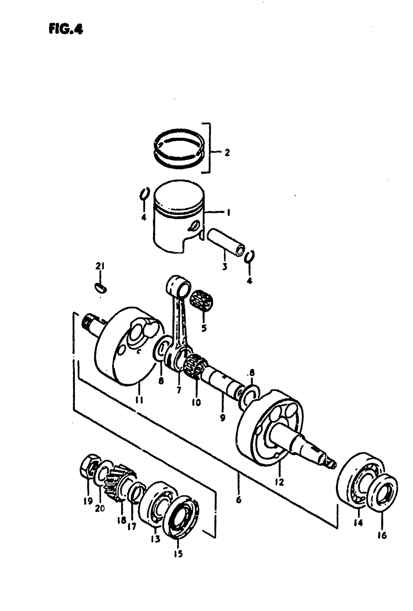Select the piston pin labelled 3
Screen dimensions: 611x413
[225, 243]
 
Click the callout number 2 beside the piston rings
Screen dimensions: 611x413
[227, 153]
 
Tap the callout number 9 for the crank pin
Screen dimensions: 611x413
[223, 418]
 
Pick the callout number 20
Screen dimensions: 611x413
[100, 508]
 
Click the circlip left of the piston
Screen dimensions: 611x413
[143, 194]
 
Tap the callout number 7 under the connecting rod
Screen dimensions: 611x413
[179, 389]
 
